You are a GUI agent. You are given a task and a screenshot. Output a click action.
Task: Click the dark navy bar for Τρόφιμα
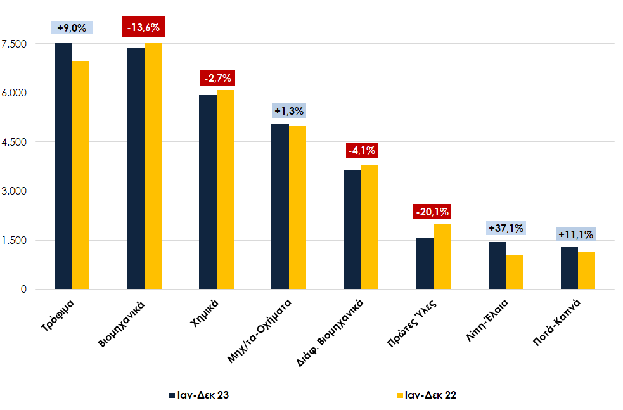click(x=63, y=166)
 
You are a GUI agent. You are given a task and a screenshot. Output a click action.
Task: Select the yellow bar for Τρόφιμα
click(x=80, y=175)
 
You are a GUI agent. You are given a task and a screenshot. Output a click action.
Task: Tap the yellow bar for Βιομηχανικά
click(x=153, y=166)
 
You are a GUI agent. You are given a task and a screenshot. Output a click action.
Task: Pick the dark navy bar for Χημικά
click(x=207, y=192)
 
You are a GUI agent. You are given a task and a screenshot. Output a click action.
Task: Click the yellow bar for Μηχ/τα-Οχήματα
click(x=297, y=208)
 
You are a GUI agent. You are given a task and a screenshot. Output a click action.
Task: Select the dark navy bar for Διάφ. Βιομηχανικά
click(x=352, y=229)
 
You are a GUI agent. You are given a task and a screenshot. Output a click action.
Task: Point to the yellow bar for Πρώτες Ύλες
click(x=442, y=257)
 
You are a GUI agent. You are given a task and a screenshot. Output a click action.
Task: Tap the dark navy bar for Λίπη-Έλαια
click(x=497, y=266)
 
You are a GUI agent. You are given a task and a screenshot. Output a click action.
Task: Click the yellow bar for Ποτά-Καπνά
click(x=587, y=270)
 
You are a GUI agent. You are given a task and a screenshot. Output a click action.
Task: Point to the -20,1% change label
click(x=433, y=212)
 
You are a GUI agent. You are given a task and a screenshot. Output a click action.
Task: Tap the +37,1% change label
click(x=506, y=228)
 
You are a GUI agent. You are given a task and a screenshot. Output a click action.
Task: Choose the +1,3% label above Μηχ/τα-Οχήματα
click(x=289, y=110)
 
